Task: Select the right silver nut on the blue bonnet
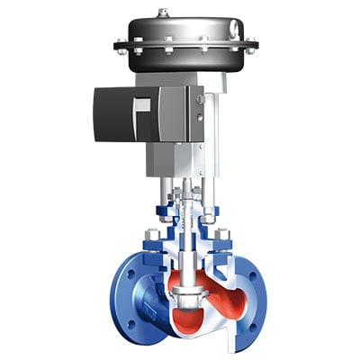222,236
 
